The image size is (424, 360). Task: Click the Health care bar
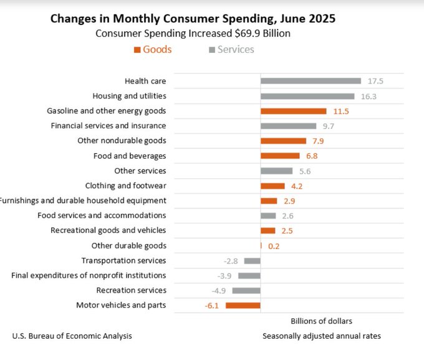[x=311, y=81]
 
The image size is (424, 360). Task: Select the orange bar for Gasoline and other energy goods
[x=293, y=111]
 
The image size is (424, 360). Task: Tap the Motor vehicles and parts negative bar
[x=243, y=305]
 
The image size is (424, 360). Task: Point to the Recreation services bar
[x=246, y=290]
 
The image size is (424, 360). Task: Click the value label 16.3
[x=368, y=96]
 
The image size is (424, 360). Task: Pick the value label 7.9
[x=317, y=141]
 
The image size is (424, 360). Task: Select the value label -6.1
[x=212, y=305]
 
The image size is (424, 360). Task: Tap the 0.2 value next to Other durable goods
[x=274, y=246]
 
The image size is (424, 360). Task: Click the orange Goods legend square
[x=137, y=50]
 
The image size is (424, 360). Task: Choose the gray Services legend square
[x=212, y=50]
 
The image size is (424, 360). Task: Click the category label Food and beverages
[x=130, y=156]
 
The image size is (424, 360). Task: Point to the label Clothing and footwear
[x=125, y=186]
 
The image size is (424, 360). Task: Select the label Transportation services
[x=123, y=260]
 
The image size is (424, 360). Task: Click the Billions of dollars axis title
[x=321, y=321]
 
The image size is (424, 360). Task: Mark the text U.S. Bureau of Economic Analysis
[x=72, y=336]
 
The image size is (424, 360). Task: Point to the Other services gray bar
[x=276, y=171]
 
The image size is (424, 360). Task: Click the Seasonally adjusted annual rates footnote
[x=321, y=336]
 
